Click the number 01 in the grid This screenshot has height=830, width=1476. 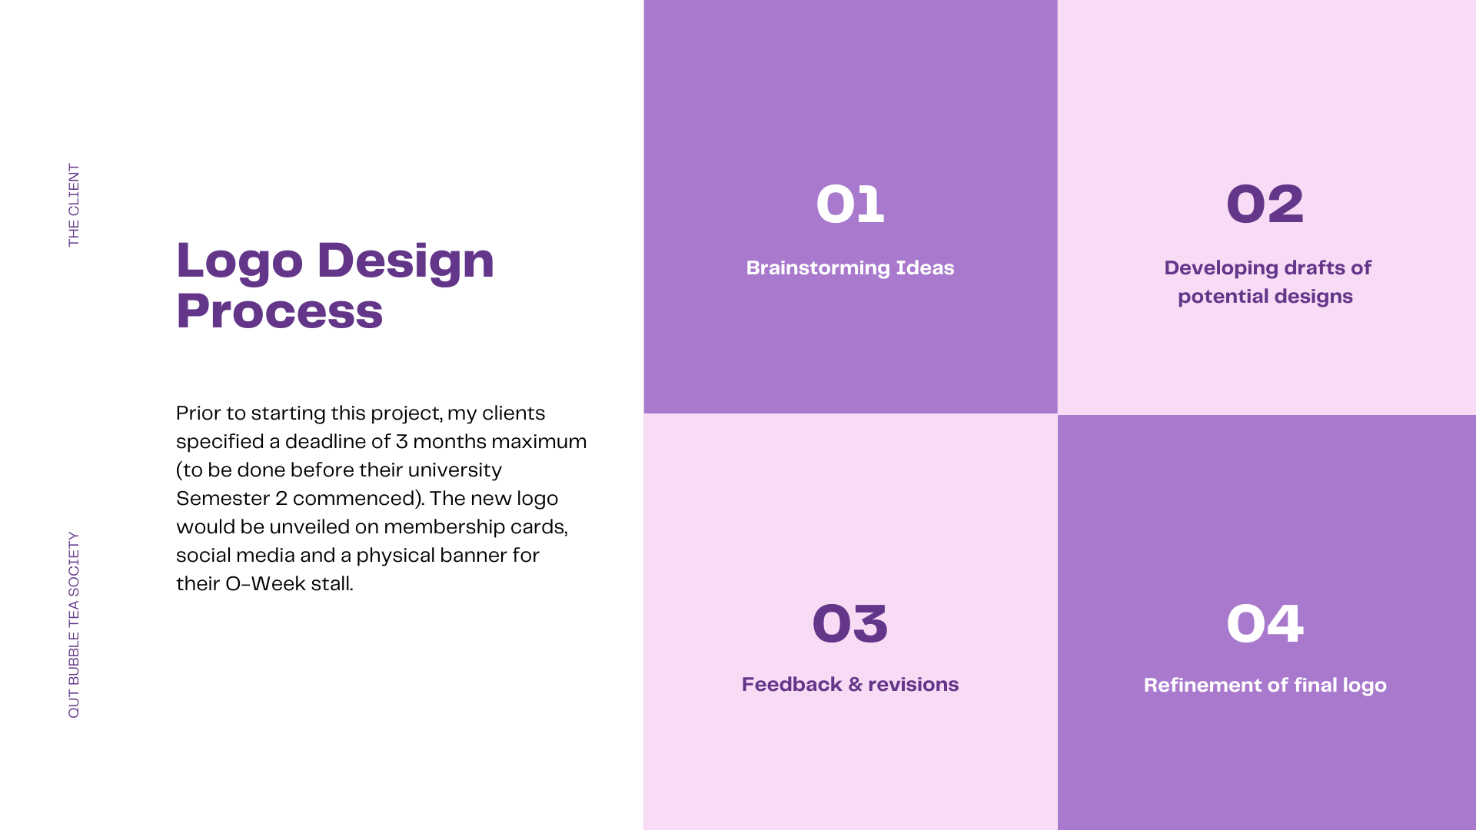(x=850, y=204)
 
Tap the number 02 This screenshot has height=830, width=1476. (x=1265, y=204)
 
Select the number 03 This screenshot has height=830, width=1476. (x=850, y=623)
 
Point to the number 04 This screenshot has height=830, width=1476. (x=1265, y=623)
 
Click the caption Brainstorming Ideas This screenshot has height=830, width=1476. (x=850, y=267)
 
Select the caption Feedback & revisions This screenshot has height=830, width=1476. (x=850, y=684)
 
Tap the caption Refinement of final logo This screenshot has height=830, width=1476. (x=1265, y=685)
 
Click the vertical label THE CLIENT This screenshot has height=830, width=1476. (x=74, y=205)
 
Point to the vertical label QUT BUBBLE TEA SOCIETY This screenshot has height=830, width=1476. (x=74, y=625)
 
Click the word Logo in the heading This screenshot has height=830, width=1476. (x=240, y=261)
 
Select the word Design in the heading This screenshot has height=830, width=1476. (x=406, y=261)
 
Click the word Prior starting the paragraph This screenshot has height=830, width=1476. (x=198, y=413)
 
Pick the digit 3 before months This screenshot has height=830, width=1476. (x=402, y=441)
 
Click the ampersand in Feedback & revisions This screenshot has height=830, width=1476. (x=856, y=684)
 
